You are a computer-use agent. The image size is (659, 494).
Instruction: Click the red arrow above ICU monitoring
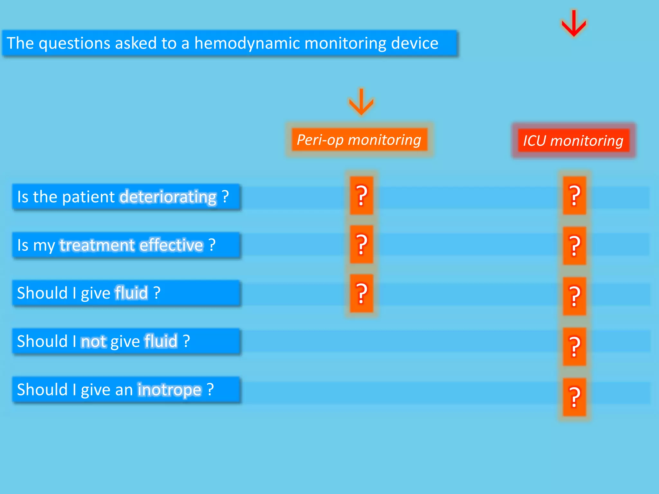[x=574, y=23]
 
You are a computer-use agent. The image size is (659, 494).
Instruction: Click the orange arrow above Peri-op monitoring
[x=361, y=102]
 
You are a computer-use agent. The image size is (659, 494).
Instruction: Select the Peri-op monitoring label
[x=359, y=140]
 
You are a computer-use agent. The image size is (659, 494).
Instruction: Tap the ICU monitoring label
[x=573, y=141]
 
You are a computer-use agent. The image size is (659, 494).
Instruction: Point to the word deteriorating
[x=168, y=197]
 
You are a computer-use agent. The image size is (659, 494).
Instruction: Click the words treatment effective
[x=132, y=245]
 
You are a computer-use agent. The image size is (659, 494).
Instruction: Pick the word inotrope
[x=170, y=389]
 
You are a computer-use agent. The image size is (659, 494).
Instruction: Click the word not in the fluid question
[x=93, y=341]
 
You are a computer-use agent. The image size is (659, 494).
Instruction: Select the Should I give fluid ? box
[x=126, y=293]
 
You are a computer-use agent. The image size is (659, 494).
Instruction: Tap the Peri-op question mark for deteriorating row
[x=361, y=195]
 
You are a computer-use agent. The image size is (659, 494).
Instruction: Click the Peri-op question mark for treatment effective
[x=361, y=244]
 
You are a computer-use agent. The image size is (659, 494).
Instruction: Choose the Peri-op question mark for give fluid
[x=361, y=293]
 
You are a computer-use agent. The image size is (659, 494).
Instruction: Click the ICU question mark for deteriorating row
[x=574, y=195]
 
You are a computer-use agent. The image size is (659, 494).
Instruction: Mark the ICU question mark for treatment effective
[x=574, y=246]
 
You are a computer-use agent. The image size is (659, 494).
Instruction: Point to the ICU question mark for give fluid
[x=574, y=296]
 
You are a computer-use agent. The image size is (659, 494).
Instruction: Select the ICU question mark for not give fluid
[x=574, y=346]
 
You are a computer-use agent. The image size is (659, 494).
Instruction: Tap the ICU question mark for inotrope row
[x=574, y=397]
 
